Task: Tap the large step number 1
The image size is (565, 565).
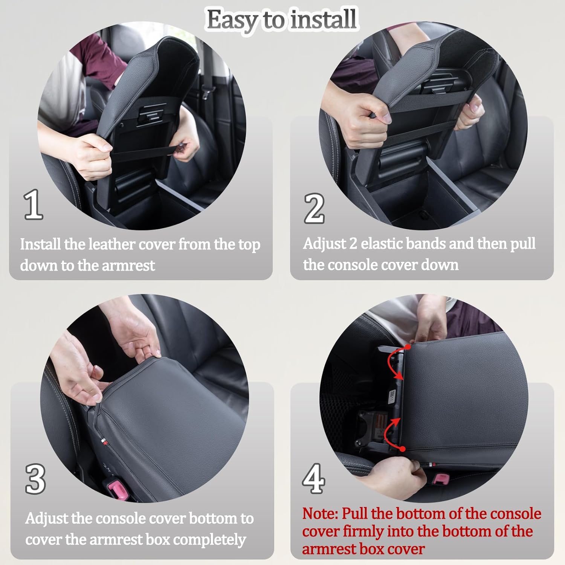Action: (x=33, y=205)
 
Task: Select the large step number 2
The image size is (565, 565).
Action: (x=314, y=208)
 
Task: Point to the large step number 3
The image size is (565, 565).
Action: (x=35, y=479)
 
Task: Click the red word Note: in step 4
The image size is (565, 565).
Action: (x=320, y=514)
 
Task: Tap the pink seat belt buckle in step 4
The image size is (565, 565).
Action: (x=441, y=479)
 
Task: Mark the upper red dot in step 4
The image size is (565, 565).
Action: (x=408, y=347)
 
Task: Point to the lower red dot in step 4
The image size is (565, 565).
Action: (x=403, y=449)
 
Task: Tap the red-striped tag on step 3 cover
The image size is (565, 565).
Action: (x=103, y=440)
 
